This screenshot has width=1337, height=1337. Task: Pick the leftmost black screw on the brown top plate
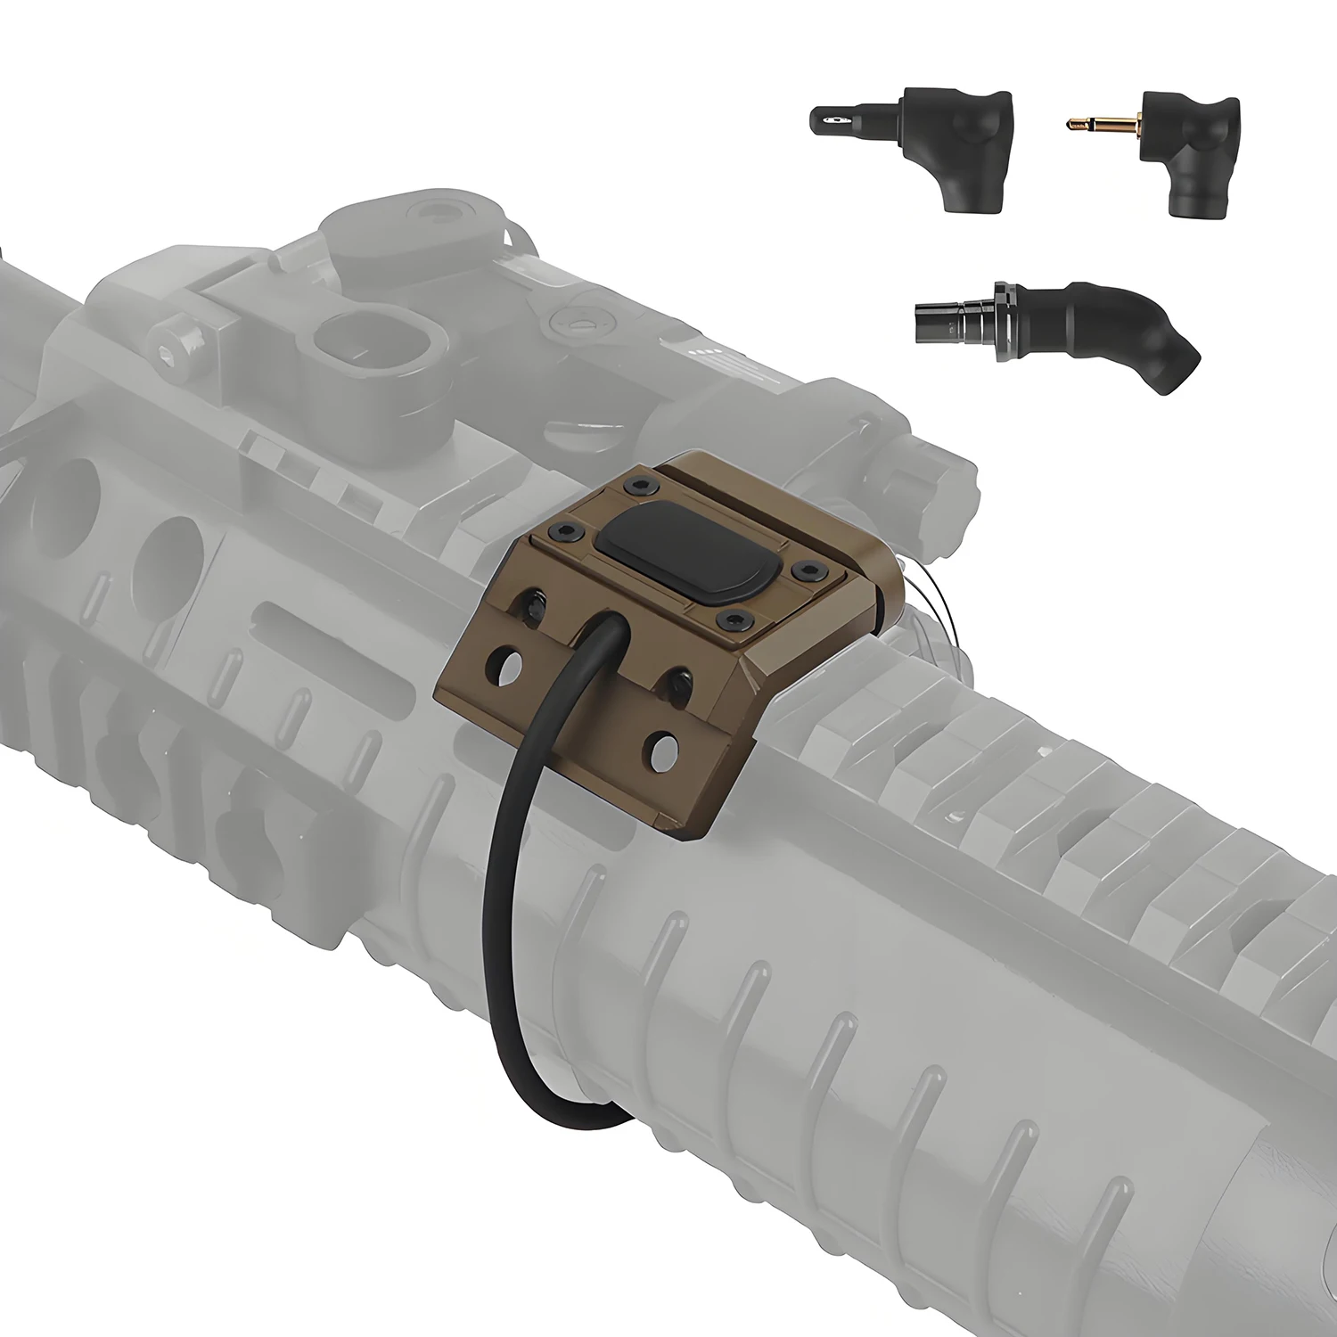click(x=568, y=531)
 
